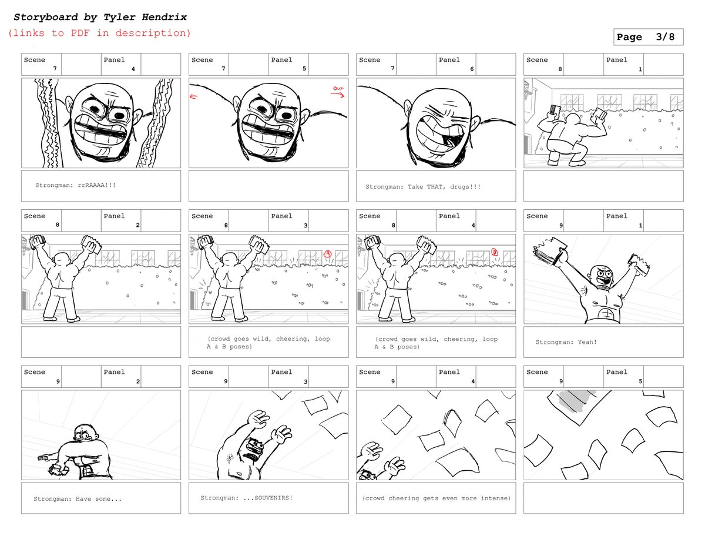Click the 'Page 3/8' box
(648, 36)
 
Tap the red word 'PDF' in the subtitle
(80, 33)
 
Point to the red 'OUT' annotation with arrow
(338, 91)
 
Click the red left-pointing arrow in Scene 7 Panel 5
(193, 96)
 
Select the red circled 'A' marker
(328, 253)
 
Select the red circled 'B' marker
(495, 252)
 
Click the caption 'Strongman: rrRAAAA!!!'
(75, 185)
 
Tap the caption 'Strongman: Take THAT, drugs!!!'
(423, 186)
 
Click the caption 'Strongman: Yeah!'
(566, 342)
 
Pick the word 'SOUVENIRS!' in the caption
(274, 498)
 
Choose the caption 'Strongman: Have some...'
(78, 498)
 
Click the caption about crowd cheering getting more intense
(436, 498)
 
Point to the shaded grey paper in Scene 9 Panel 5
(578, 401)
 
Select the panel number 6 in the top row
(472, 69)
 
